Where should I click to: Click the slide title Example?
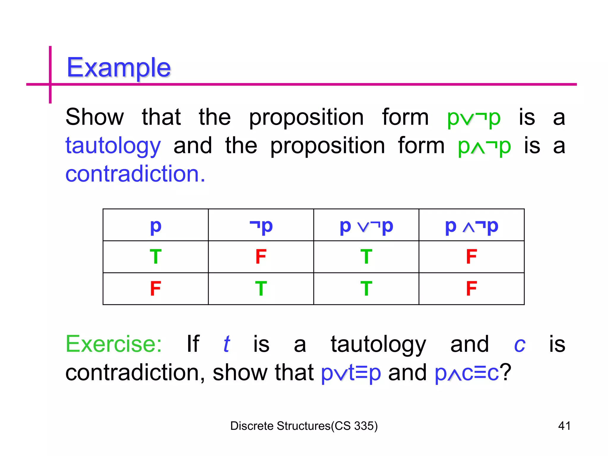tap(118, 68)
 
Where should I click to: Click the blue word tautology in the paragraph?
tap(113, 146)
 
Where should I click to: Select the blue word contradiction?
tap(135, 174)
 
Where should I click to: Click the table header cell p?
tap(156, 226)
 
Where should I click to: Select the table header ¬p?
tap(261, 226)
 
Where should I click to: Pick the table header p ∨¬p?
tap(366, 226)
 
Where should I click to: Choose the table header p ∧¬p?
tap(471, 226)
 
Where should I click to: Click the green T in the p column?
tap(156, 257)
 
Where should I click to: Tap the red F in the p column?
tap(156, 289)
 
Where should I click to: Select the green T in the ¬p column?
tap(261, 289)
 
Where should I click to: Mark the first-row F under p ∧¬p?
tap(471, 257)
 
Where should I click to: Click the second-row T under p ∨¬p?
tap(366, 289)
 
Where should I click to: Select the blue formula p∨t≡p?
tap(351, 373)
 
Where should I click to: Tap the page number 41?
tap(564, 426)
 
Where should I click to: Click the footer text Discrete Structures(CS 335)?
tap(304, 426)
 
